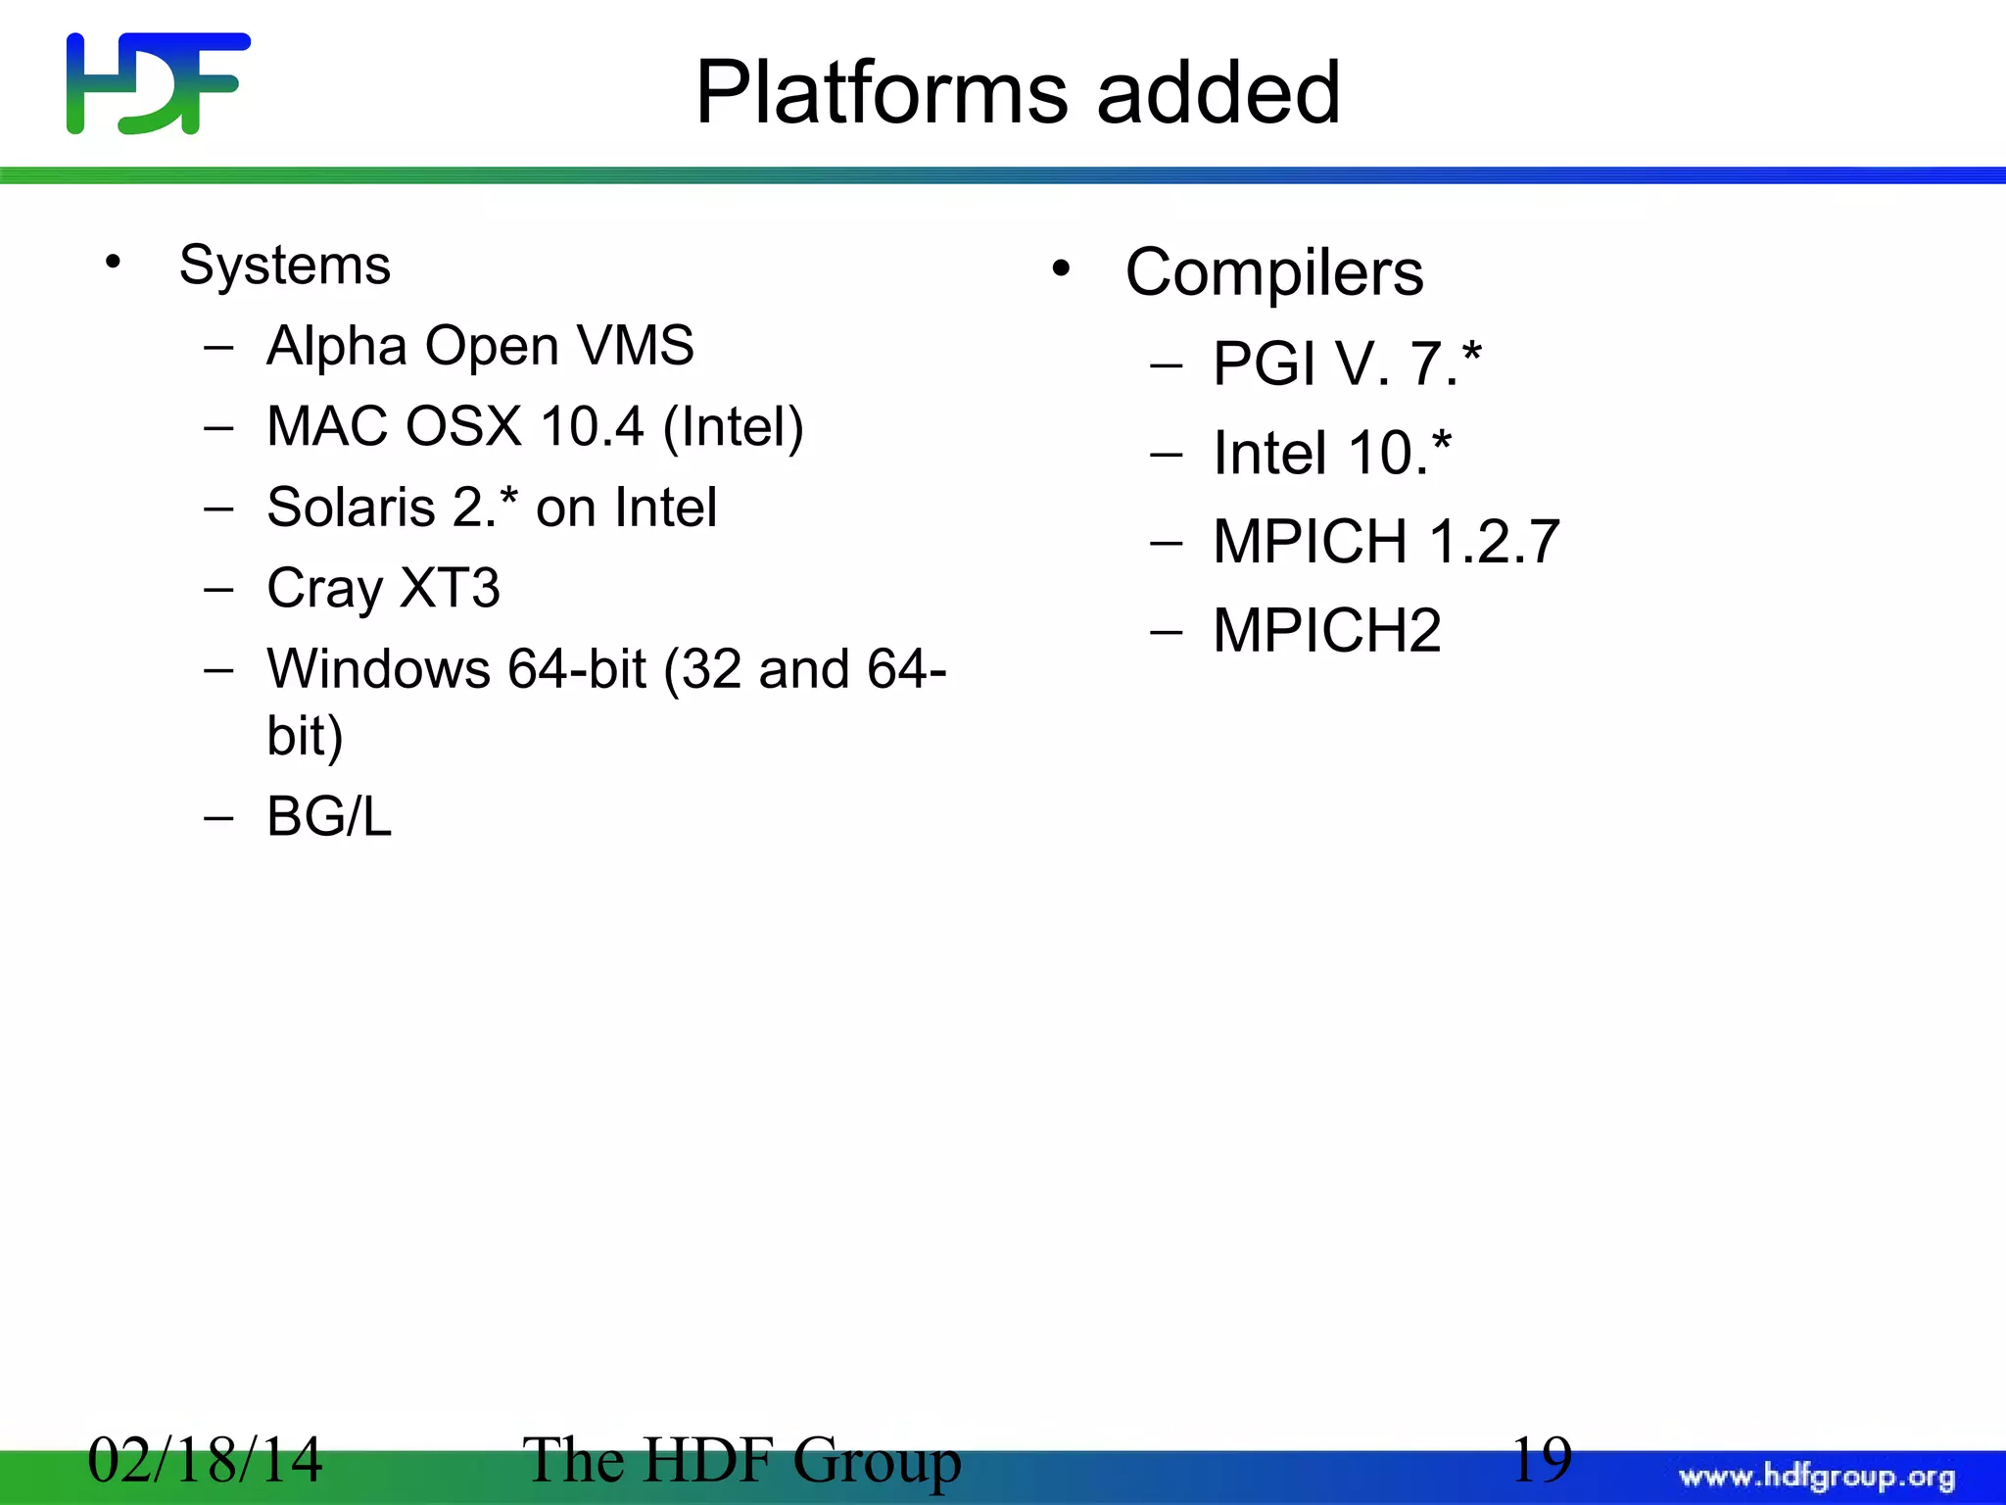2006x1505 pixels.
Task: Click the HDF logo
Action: click(158, 83)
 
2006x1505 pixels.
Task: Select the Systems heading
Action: click(284, 266)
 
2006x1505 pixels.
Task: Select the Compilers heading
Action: click(1273, 272)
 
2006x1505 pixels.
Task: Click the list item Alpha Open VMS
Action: click(480, 346)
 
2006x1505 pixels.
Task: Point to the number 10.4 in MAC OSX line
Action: click(592, 427)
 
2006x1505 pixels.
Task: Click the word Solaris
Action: click(351, 508)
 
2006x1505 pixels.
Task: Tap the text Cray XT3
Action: click(383, 589)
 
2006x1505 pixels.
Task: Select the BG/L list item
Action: click(329, 816)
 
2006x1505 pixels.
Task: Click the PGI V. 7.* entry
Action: click(1347, 364)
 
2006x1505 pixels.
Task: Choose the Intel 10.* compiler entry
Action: click(1331, 453)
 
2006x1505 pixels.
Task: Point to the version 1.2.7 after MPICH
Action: click(1494, 542)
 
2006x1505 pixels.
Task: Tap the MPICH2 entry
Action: click(1326, 630)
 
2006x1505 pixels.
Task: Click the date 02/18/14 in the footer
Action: click(205, 1460)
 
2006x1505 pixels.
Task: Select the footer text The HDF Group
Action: click(741, 1460)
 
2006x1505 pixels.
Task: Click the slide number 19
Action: click(1541, 1460)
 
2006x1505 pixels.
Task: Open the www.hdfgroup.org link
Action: click(1816, 1477)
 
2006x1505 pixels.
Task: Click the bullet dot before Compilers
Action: click(1061, 268)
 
